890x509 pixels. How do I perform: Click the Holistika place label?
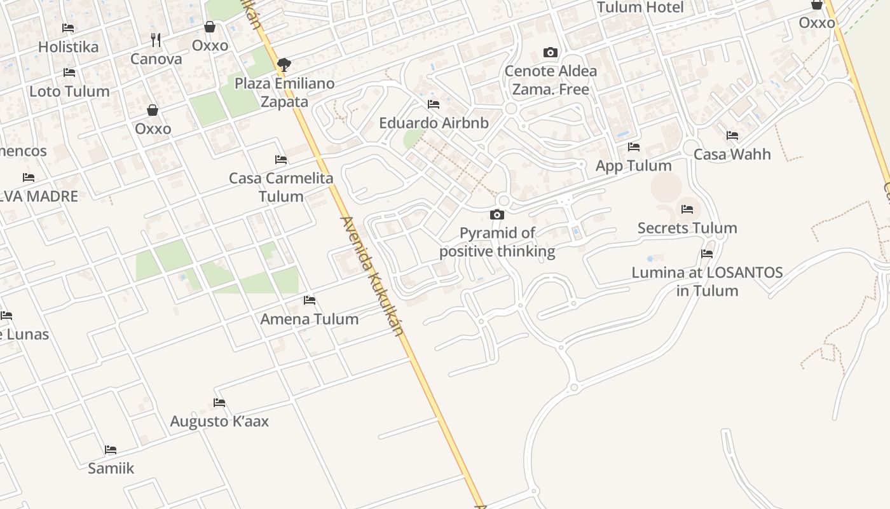[x=68, y=47]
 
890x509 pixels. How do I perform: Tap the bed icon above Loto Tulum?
[x=69, y=73]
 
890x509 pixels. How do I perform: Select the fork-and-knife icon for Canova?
[x=156, y=40]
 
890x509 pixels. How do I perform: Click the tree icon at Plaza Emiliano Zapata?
[x=284, y=64]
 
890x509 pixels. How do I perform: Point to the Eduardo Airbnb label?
[x=434, y=123]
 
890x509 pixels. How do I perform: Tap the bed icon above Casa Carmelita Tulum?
[x=280, y=159]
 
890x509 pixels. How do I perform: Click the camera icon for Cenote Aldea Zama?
[x=551, y=52]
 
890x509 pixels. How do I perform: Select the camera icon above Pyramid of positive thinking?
[x=497, y=214]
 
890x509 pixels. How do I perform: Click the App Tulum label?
[x=633, y=165]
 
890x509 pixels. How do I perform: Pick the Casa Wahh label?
[x=732, y=154]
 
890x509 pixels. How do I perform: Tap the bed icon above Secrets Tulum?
[x=687, y=209]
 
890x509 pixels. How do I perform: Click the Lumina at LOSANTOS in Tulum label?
[x=707, y=281]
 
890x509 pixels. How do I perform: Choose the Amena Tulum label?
[x=310, y=319]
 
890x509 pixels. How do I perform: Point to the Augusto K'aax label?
[x=219, y=421]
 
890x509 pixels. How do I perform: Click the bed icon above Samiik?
[x=111, y=450]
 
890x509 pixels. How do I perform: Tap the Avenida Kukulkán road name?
[x=373, y=276]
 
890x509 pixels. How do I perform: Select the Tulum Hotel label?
[x=640, y=8]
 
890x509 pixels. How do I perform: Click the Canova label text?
[x=156, y=59]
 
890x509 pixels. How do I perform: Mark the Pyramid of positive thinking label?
[x=497, y=242]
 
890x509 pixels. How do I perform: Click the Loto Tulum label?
[x=69, y=91]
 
